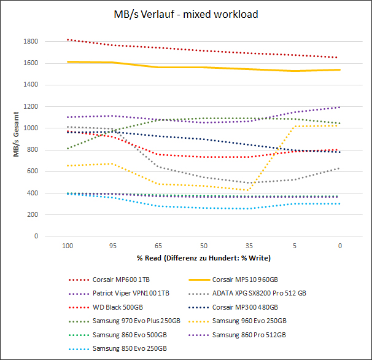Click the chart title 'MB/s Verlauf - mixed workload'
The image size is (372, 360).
coord(185,13)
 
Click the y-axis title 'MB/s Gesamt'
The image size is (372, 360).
coord(18,135)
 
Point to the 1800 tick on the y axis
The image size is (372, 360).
coord(31,42)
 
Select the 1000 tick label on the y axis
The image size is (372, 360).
coord(31,128)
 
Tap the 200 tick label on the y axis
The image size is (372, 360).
coord(33,215)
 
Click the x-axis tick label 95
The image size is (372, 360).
coord(112,245)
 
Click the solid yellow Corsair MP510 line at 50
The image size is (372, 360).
coord(203,68)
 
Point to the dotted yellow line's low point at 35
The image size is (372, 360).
coord(248,190)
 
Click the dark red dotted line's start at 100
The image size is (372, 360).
coord(67,39)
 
